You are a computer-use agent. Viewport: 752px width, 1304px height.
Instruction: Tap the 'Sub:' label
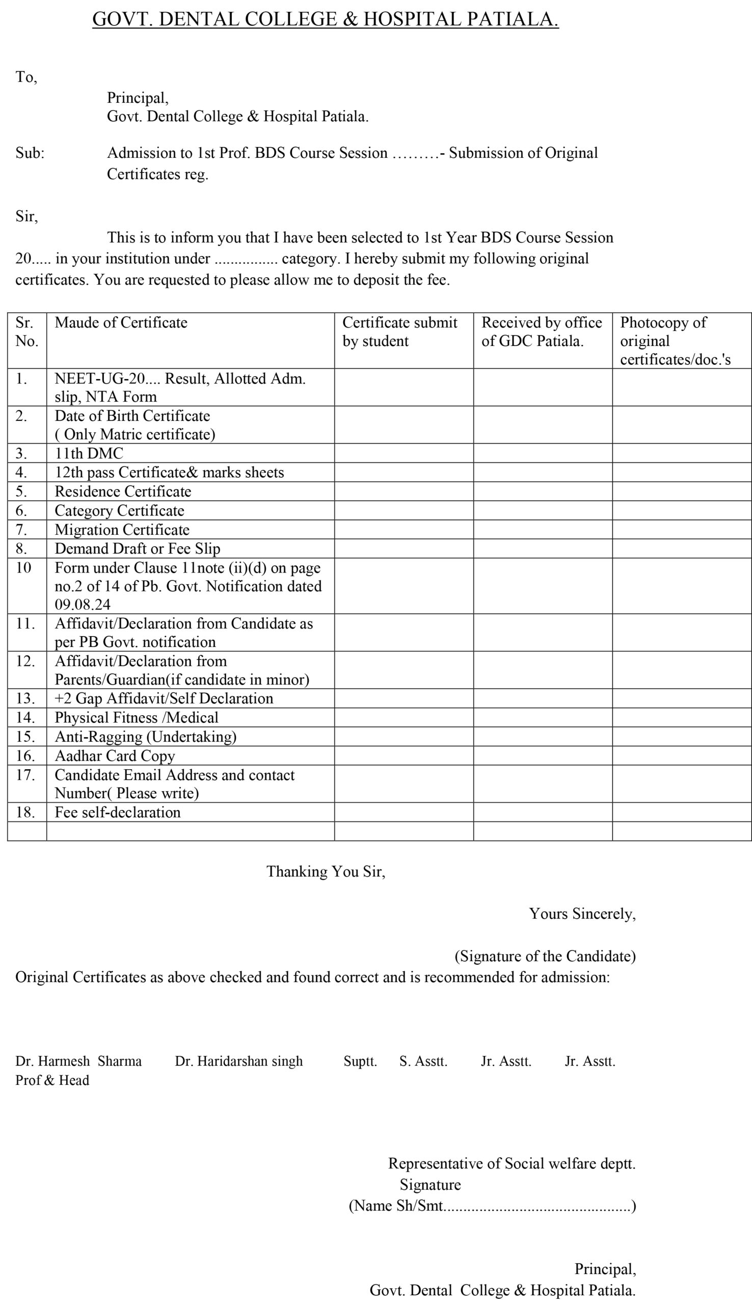point(30,153)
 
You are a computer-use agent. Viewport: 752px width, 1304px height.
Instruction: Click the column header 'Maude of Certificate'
point(121,322)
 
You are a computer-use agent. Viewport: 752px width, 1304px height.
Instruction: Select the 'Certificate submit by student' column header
point(400,332)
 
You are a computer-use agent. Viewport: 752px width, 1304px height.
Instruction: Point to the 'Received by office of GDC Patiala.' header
point(541,332)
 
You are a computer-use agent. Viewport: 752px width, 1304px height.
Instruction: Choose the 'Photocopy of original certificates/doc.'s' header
point(675,341)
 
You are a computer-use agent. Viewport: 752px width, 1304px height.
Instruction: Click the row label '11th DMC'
point(89,454)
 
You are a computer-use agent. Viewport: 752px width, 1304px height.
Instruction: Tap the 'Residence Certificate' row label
point(123,492)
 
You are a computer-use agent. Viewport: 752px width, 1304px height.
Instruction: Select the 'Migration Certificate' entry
point(122,530)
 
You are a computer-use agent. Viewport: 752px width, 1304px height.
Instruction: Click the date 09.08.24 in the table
point(83,605)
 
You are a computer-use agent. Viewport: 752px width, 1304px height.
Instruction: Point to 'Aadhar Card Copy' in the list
point(115,756)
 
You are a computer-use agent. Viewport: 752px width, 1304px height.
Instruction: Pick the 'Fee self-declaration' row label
point(118,812)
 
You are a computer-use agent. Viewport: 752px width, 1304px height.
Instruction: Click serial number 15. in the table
point(25,737)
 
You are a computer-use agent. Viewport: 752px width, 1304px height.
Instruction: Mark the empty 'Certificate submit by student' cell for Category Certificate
point(404,510)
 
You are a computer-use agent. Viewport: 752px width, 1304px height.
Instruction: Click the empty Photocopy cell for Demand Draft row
point(682,549)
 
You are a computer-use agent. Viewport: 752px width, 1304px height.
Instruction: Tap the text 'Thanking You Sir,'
point(326,872)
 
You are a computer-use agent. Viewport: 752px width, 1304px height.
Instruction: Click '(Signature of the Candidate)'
point(545,956)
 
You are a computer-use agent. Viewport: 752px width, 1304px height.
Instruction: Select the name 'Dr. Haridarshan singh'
point(238,1062)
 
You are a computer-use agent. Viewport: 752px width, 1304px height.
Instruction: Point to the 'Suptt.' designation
point(360,1062)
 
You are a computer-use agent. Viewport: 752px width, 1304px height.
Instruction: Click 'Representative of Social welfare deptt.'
point(512,1163)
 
